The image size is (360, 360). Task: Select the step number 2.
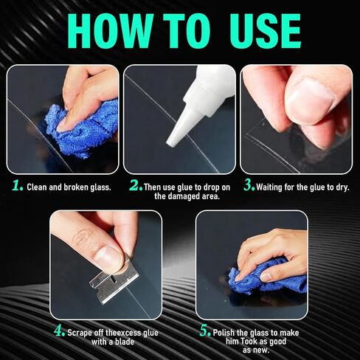point(135,187)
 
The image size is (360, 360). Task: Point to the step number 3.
point(249,187)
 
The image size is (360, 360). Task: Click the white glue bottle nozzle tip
point(172,139)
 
